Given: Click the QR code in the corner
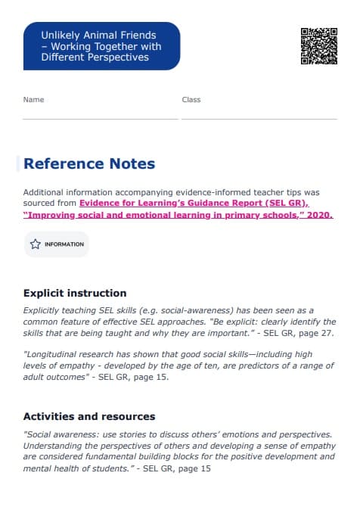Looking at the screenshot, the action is coord(318,46).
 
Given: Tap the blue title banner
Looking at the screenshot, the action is coord(101,46).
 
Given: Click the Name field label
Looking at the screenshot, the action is coord(33,100).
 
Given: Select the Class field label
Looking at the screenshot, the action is coord(191,100).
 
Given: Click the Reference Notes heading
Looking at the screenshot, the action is coord(89,164).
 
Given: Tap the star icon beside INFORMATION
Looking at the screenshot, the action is coord(35,244).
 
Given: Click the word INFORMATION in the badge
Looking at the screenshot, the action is coord(64,244).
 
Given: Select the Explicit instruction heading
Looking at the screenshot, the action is coord(75,293).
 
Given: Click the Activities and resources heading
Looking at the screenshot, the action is coord(89,416).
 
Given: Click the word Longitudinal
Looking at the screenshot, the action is coord(52,354).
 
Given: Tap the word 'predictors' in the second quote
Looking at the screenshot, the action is coord(272,365).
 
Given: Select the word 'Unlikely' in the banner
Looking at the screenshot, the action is coord(58,35).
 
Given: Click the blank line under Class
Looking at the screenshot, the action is coord(259,118).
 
